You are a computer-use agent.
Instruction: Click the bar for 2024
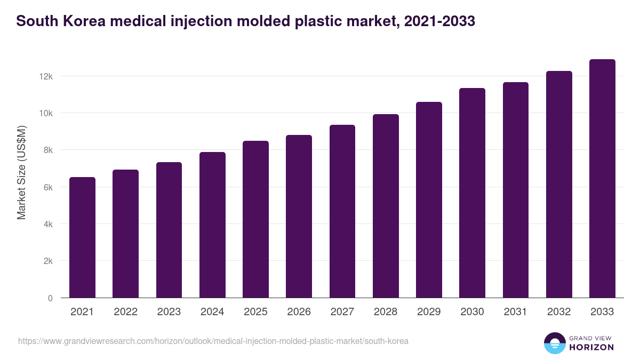[x=212, y=225]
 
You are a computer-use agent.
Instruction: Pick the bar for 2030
[x=472, y=193]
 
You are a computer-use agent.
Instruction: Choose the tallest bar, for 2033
[x=602, y=179]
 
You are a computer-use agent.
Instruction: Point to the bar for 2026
[x=299, y=217]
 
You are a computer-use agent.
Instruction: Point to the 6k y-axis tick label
[x=48, y=187]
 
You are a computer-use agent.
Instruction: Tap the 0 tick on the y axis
[x=50, y=298]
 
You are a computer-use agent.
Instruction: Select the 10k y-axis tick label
[x=46, y=113]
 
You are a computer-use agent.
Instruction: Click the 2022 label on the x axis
[x=125, y=312]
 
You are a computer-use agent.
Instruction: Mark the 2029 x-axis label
[x=429, y=312]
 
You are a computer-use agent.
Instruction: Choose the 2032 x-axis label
[x=559, y=312]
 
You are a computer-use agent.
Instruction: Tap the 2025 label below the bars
[x=255, y=312]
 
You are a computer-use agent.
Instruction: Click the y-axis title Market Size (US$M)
[x=21, y=172]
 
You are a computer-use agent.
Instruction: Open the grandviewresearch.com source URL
[x=213, y=341]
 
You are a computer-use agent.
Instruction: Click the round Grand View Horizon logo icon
[x=554, y=343]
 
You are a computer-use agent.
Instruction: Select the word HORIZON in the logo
[x=591, y=347]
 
